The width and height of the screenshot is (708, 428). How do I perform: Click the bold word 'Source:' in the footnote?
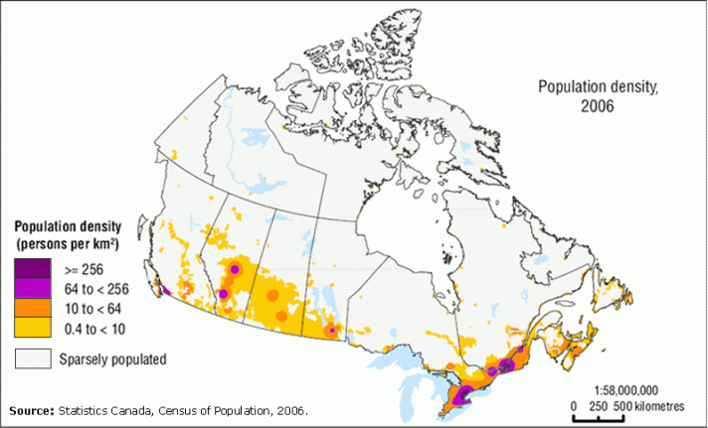pos(31,410)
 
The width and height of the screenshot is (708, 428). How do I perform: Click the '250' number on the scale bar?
pos(597,407)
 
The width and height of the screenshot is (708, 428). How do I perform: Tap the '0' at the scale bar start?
pos(575,407)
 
